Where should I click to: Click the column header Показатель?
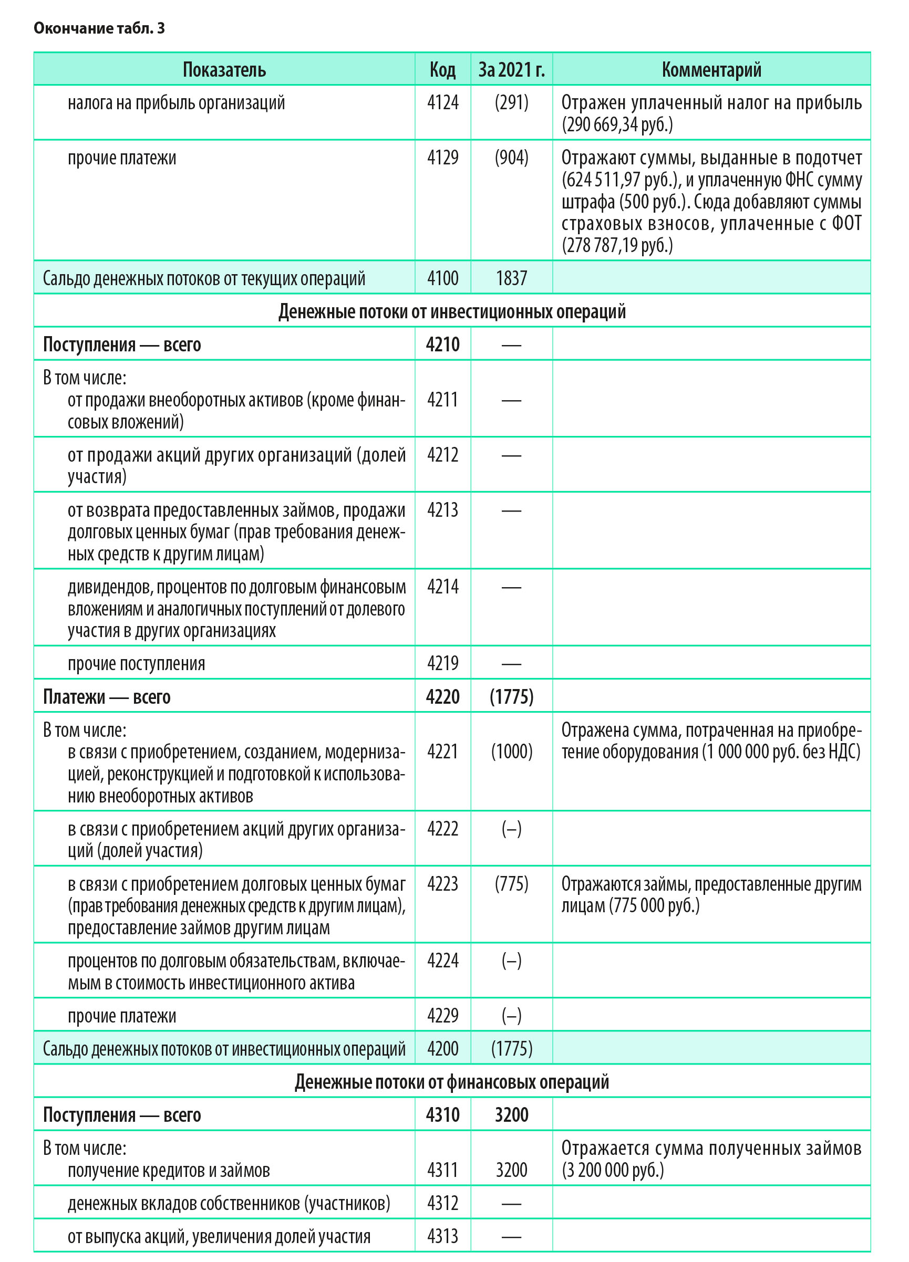pos(224,69)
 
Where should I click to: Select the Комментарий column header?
pos(711,69)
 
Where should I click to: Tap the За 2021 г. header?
pos(511,69)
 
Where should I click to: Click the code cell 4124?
pos(442,102)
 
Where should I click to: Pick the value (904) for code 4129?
pos(511,158)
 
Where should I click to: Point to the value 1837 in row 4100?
pos(511,278)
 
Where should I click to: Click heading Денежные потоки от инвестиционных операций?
pos(451,311)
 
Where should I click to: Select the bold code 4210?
pos(442,345)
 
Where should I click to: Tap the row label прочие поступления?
pos(137,664)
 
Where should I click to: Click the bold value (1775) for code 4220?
pos(511,697)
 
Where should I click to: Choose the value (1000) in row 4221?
pos(511,752)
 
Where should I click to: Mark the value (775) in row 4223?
pos(511,884)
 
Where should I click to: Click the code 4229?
pos(442,1016)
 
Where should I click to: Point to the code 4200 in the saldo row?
pos(442,1049)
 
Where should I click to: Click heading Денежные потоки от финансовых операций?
pos(451,1082)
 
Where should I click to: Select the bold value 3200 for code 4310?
pos(511,1114)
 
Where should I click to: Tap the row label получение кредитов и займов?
pos(169,1170)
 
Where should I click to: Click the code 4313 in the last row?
pos(442,1236)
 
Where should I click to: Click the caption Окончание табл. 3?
pos(99,28)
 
